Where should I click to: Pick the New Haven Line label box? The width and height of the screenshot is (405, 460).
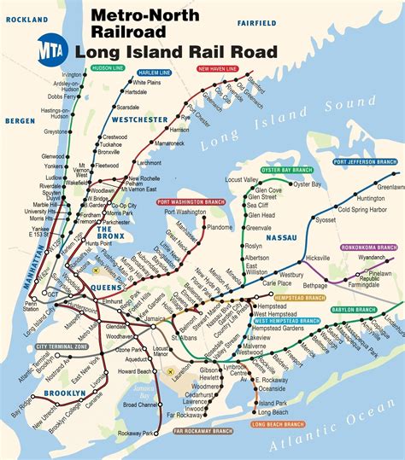pyautogui.click(x=217, y=67)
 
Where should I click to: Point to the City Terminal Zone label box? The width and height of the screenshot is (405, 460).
pyautogui.click(x=62, y=347)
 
